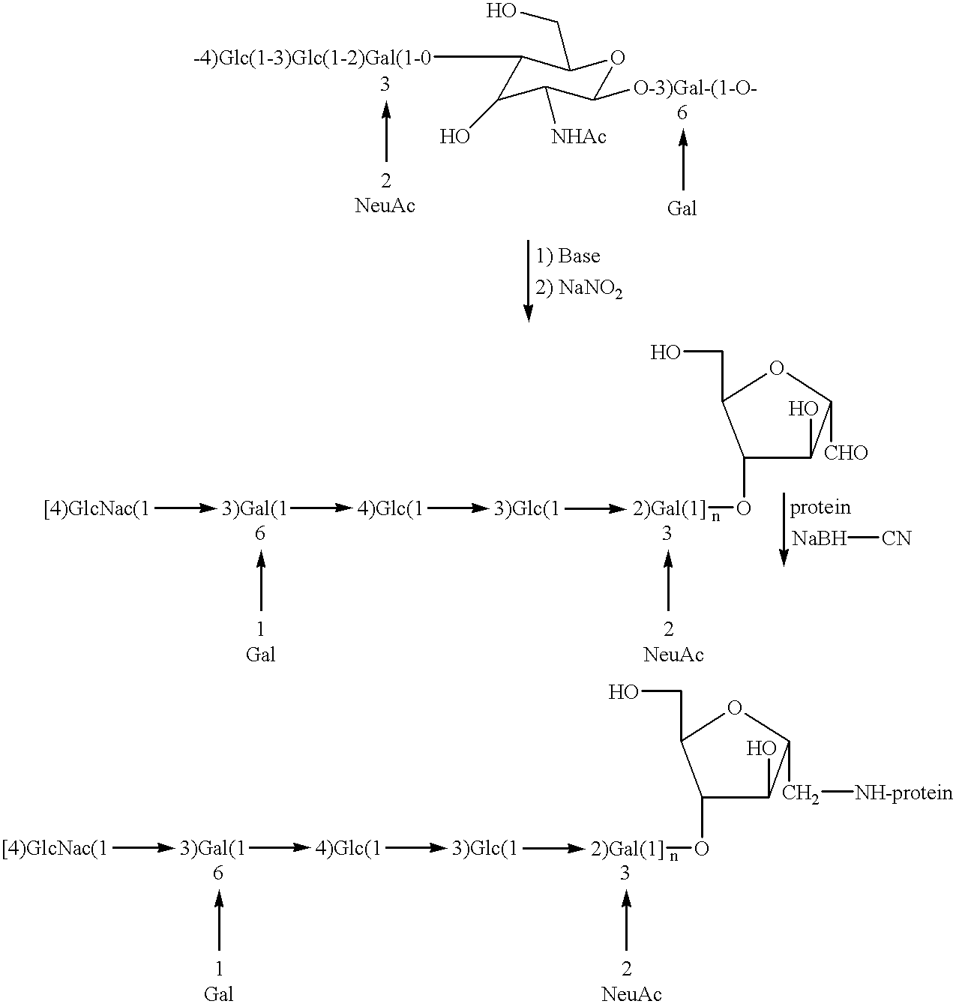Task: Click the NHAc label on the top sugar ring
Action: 578,136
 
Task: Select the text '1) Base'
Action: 568,256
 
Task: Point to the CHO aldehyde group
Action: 846,453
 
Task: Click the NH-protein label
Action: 904,793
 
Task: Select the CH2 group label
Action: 801,793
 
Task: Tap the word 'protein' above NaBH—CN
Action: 820,508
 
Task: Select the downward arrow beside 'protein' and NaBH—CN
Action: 784,529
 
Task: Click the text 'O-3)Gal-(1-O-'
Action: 696,89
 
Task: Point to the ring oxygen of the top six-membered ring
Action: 617,58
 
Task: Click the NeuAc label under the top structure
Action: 385,206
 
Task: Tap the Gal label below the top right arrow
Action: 682,208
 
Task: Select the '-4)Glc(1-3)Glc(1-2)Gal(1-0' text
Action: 313,59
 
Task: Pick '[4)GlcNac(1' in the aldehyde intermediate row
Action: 97,509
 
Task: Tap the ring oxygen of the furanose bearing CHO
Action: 777,368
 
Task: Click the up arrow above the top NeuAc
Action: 386,132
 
